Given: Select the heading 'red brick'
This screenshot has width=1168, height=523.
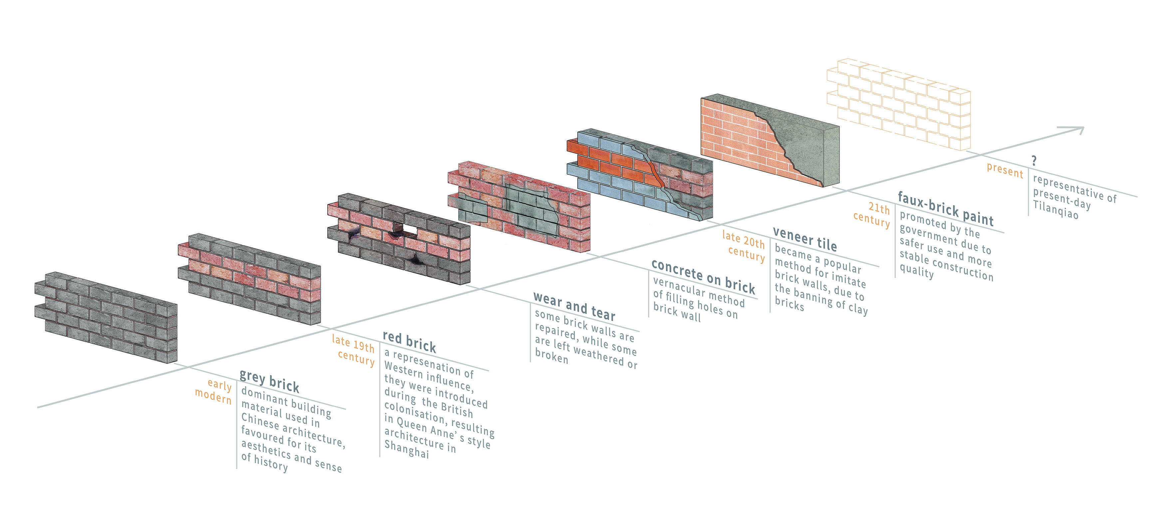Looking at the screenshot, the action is [410, 342].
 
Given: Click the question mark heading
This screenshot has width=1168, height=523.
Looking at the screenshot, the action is [1034, 160].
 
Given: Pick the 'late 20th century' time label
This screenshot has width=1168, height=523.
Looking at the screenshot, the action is [744, 246].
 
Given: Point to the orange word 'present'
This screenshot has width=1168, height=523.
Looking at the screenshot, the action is [1005, 170].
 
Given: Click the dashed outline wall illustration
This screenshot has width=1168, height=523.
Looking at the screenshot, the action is [899, 104].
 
